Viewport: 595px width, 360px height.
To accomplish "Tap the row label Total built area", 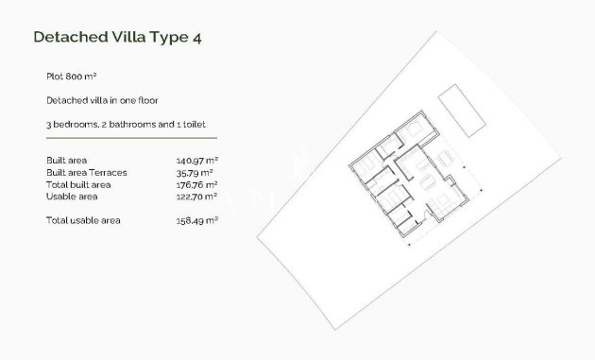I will (77, 184).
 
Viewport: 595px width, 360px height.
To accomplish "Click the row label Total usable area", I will (83, 220).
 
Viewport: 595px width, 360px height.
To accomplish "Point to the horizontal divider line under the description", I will (131, 140).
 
